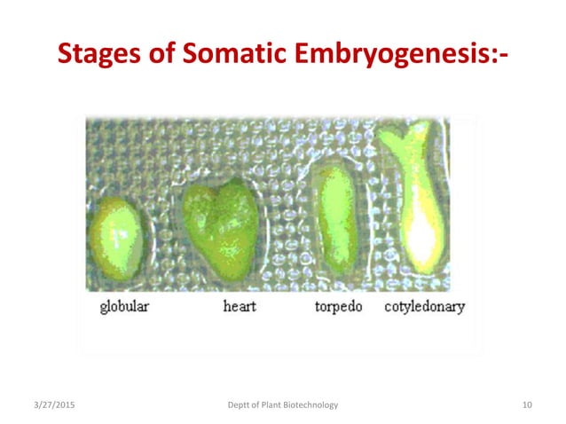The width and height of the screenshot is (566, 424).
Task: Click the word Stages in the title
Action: pos(98,56)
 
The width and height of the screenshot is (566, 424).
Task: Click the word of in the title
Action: pos(157,56)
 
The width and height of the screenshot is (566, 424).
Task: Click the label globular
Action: pos(124,308)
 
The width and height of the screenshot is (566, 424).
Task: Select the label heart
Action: pos(240,308)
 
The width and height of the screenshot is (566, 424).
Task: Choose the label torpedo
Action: pos(339,308)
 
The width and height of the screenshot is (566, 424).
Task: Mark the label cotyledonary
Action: pos(424,308)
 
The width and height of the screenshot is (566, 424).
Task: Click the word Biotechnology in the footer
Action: pos(311,405)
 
